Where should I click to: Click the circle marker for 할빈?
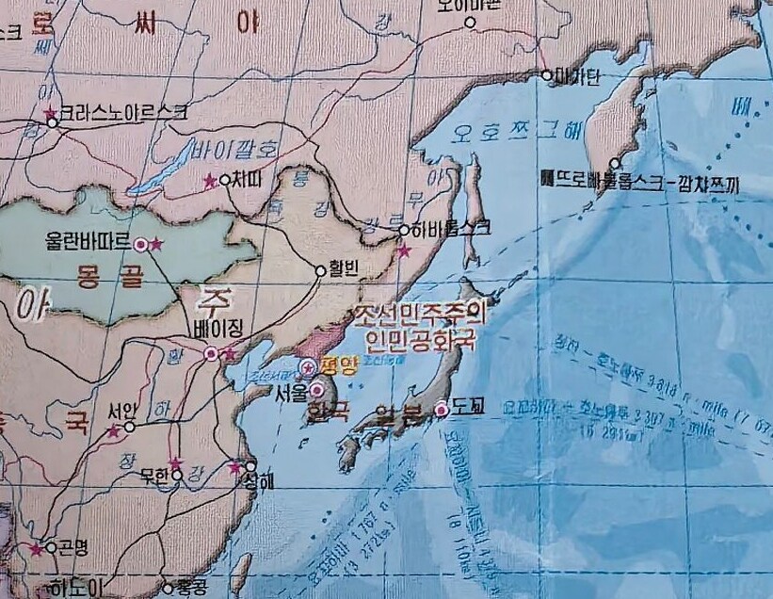[x=320, y=271]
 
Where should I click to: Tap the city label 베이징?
[x=217, y=332]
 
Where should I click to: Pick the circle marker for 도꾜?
[x=440, y=409]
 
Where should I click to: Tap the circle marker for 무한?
[x=177, y=475]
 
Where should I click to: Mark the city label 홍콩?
[x=191, y=589]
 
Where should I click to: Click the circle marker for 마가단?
[x=546, y=74]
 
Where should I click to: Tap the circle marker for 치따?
[x=224, y=180]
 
